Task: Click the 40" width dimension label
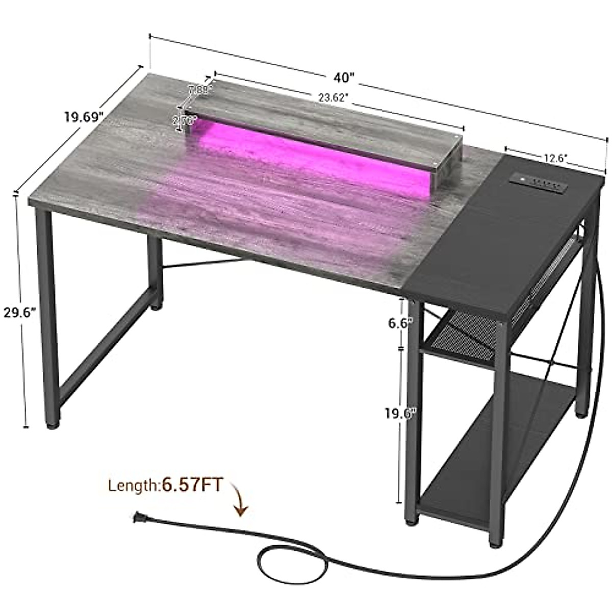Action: pyautogui.click(x=345, y=78)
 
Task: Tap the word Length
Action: pyautogui.click(x=133, y=486)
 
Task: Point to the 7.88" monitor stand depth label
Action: pyautogui.click(x=198, y=90)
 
